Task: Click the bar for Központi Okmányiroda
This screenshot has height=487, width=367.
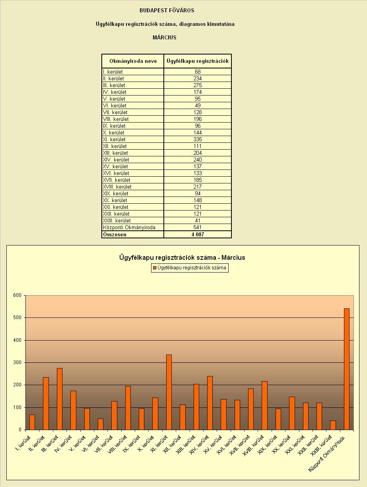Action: tap(347, 369)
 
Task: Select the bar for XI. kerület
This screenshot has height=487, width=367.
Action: tap(169, 392)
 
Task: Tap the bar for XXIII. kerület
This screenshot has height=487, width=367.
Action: tap(333, 425)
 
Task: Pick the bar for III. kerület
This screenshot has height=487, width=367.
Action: tap(60, 399)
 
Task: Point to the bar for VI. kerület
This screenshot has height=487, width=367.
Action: tap(101, 424)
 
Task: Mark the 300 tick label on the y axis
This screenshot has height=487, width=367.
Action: tap(17, 362)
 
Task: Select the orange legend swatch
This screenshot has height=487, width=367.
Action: tap(154, 268)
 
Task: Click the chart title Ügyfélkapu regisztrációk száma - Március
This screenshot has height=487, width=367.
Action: tap(182, 257)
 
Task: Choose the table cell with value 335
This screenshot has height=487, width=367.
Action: tap(198, 139)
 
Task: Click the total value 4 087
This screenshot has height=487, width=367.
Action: tap(198, 234)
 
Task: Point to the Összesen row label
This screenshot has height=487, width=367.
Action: tap(115, 234)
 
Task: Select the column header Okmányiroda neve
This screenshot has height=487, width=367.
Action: tap(133, 61)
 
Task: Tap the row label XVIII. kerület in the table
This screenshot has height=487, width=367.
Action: tap(117, 187)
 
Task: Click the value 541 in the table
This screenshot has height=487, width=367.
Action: tap(198, 228)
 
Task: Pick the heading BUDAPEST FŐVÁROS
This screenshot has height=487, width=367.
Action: tap(167, 11)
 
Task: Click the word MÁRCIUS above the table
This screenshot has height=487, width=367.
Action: tap(165, 37)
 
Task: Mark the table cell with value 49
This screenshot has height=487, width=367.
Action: tap(198, 105)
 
